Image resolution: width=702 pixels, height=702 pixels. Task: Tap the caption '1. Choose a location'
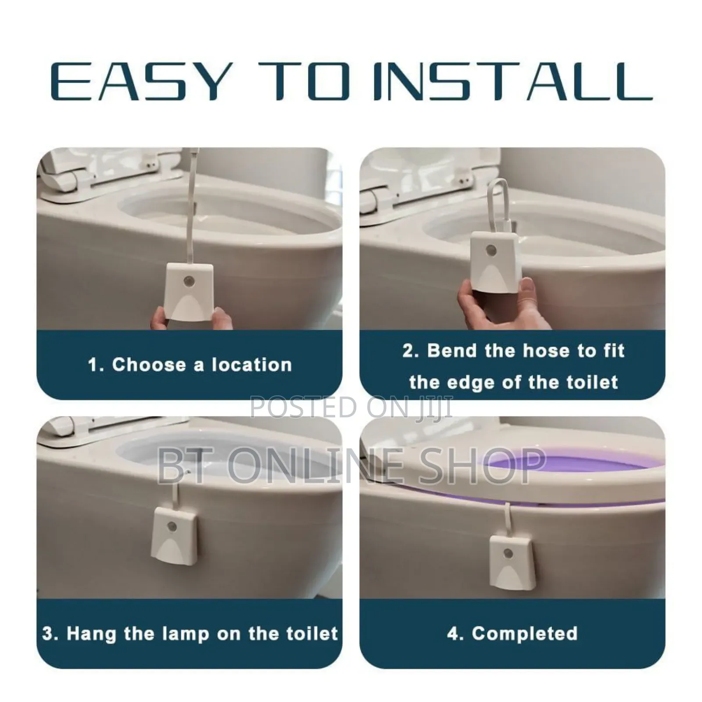coord(190,365)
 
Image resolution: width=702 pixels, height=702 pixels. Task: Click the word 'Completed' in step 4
coord(525,634)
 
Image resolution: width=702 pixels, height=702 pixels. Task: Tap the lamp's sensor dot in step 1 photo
coord(190,280)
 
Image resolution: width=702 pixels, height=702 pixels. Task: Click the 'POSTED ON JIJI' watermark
coord(351,407)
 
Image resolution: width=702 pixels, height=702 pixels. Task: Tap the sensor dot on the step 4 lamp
coord(509,552)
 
